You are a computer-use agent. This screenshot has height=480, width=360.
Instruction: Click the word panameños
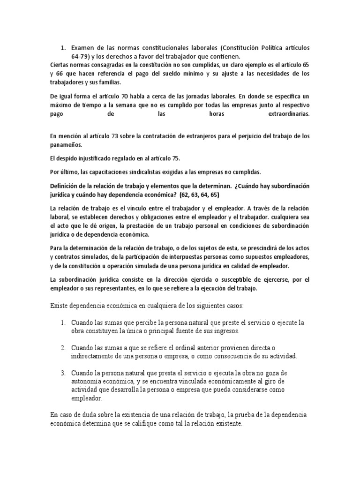point(67,145)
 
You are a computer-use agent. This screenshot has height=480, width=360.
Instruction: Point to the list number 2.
point(62,348)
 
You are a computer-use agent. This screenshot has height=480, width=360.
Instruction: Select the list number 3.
point(62,373)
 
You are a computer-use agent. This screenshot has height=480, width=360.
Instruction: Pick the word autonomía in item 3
point(88,382)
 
